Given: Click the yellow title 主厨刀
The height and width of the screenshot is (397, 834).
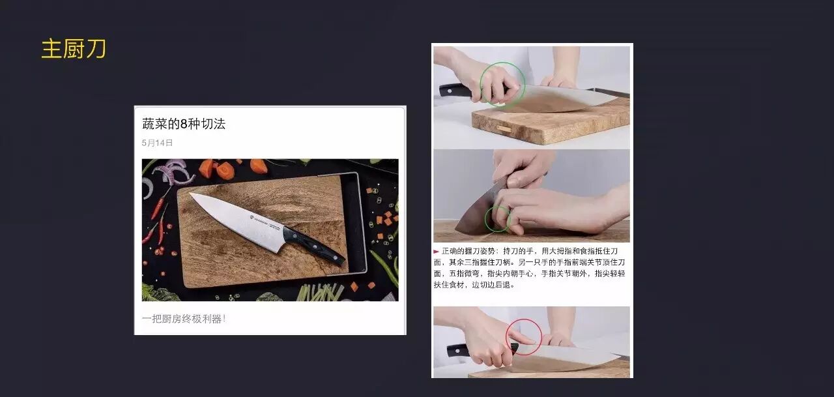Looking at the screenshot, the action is [74, 49].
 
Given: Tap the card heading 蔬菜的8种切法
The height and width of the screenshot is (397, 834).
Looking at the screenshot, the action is [184, 124].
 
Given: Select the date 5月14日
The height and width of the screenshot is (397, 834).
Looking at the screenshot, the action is [157, 143].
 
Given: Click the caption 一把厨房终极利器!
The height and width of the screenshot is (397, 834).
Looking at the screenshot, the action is [184, 319].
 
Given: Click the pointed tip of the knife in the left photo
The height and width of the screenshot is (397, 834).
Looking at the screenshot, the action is [191, 194].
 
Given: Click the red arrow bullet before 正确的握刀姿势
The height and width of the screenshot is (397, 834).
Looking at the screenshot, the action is [437, 252].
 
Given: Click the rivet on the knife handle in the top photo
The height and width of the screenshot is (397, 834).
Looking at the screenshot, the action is [450, 91].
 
